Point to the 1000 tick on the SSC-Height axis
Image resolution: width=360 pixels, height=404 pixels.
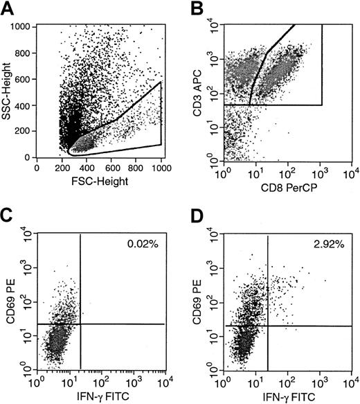(22, 26)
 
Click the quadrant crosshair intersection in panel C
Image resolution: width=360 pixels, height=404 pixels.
(81, 324)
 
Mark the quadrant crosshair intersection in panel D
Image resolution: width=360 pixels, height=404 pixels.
(267, 326)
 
